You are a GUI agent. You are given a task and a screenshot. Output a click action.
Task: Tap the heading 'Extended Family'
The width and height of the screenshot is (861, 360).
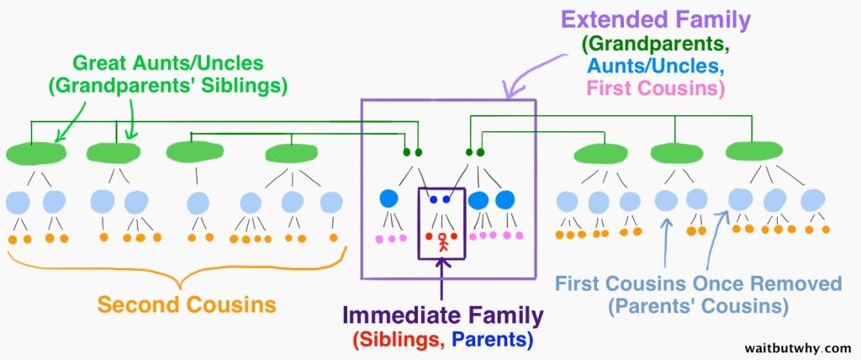[x=656, y=21]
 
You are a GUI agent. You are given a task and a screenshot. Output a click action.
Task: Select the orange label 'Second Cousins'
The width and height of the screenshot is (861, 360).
[x=187, y=304]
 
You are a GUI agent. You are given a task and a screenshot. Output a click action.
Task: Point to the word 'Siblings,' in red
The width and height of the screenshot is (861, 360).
[x=398, y=340]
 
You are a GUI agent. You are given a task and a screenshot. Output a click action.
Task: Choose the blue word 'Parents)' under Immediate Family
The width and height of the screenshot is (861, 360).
[x=492, y=340]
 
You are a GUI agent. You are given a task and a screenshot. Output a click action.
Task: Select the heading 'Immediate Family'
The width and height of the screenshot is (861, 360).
[x=443, y=316]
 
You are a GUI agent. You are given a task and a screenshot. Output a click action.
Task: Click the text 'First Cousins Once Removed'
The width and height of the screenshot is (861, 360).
[x=698, y=284]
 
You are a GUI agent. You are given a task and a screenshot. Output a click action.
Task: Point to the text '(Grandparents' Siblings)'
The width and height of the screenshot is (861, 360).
[x=167, y=88]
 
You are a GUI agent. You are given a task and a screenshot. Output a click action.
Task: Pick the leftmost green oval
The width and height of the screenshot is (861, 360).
[x=36, y=153]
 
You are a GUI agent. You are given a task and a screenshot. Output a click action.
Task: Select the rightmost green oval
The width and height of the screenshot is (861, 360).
[x=754, y=150]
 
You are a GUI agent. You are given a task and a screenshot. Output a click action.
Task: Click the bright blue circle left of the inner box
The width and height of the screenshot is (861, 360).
[x=388, y=198]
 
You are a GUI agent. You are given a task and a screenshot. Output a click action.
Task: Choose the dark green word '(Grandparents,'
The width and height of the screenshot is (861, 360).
[x=656, y=45]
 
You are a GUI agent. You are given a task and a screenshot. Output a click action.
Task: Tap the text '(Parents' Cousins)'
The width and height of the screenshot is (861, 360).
[x=698, y=305]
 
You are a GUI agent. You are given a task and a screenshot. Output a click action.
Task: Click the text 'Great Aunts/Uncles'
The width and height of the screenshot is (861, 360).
[x=168, y=64]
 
